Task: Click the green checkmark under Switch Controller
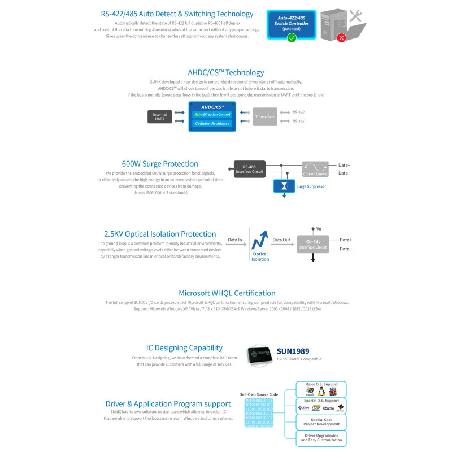click(x=292, y=38)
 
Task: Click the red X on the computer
click(x=341, y=38)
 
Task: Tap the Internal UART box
click(x=160, y=116)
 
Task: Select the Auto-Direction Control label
click(x=212, y=114)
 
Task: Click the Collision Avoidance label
click(x=212, y=123)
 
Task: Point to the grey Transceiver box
click(x=265, y=116)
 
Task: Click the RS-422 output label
click(x=298, y=112)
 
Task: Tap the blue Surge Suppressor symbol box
click(x=284, y=186)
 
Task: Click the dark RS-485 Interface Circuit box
click(x=250, y=169)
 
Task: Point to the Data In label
click(x=235, y=240)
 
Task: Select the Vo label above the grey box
click(x=319, y=229)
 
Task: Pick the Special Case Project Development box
click(x=321, y=421)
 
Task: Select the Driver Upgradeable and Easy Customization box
click(x=321, y=438)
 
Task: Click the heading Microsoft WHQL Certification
click(x=227, y=293)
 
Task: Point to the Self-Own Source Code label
click(x=259, y=394)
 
